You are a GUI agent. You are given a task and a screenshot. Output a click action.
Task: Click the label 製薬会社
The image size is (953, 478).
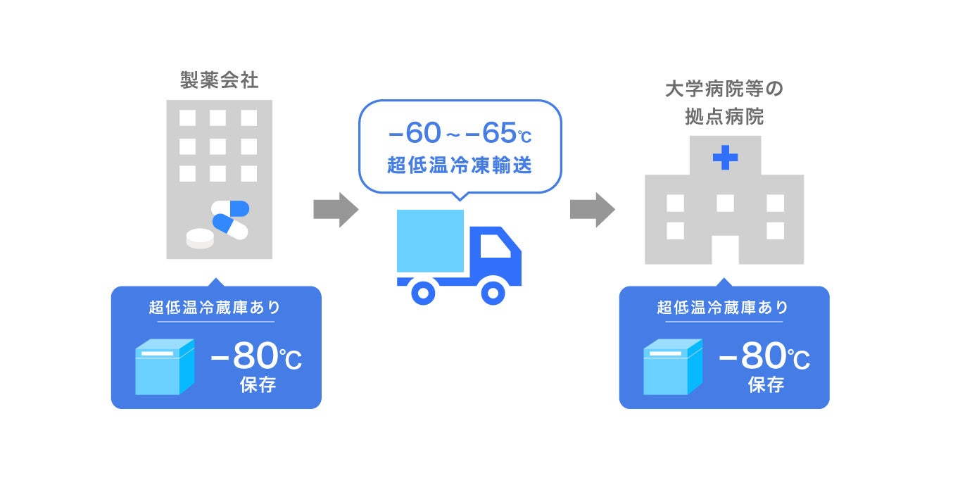tap(220, 80)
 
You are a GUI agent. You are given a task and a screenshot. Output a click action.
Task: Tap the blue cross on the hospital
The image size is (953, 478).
tap(725, 158)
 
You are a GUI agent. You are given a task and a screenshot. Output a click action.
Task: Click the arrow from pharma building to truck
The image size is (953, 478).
tap(336, 210)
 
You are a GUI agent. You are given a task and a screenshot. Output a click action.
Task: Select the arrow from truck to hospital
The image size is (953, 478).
tap(592, 210)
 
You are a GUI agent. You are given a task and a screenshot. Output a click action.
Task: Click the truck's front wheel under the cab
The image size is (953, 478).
tap(492, 291)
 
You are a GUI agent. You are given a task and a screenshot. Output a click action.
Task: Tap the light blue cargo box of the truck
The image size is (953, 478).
tap(430, 241)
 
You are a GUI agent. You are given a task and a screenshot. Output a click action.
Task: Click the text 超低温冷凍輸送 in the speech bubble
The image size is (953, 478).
tap(459, 167)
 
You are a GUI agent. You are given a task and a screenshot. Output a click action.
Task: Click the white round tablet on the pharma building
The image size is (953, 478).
tap(200, 239)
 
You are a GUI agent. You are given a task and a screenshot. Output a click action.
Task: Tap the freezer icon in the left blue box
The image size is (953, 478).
tap(164, 366)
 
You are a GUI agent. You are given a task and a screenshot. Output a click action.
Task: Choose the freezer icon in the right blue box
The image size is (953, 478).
tap(672, 366)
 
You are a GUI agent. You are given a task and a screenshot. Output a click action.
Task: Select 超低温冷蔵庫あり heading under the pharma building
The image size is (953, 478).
tap(215, 307)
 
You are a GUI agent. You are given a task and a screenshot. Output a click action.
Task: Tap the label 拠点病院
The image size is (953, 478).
tap(724, 117)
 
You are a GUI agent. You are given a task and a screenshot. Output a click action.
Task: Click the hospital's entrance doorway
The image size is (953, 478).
tap(725, 249)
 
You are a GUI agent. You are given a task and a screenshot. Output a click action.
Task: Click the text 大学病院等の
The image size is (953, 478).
tap(724, 90)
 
